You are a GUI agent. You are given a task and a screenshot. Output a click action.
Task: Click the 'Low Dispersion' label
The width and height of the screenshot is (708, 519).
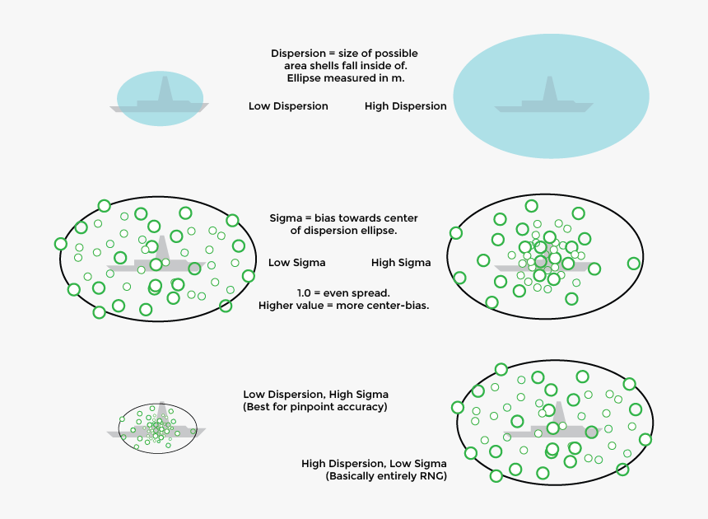click(288, 106)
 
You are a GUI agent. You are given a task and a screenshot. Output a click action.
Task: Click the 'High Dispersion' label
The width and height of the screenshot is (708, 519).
click(405, 106)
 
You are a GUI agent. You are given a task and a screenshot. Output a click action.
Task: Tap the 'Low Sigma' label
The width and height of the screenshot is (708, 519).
click(296, 263)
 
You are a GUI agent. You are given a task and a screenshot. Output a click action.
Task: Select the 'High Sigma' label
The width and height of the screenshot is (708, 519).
click(401, 263)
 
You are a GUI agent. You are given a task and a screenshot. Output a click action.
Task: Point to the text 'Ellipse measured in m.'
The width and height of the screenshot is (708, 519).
click(343, 78)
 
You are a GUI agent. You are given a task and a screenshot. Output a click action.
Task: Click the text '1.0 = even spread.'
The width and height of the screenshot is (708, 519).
click(343, 293)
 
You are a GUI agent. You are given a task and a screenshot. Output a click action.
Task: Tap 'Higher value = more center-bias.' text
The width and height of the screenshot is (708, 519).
click(343, 306)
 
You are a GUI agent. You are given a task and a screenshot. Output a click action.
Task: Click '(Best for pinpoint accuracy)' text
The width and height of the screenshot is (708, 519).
click(314, 407)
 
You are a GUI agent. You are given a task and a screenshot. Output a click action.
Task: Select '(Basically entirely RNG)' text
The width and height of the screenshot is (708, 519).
click(386, 475)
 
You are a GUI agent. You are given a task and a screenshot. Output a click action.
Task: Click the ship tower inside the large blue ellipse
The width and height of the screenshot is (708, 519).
click(548, 91)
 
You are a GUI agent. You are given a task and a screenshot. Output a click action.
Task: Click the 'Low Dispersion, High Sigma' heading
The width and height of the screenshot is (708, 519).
click(315, 395)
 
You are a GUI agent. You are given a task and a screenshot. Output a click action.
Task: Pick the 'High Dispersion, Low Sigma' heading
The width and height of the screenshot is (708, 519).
click(374, 463)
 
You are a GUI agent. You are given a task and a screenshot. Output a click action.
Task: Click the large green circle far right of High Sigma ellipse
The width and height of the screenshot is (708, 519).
click(633, 264)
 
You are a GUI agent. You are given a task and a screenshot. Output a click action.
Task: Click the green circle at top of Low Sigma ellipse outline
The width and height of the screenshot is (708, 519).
click(104, 205)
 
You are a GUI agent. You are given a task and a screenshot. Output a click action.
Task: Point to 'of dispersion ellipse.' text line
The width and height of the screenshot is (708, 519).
click(343, 231)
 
